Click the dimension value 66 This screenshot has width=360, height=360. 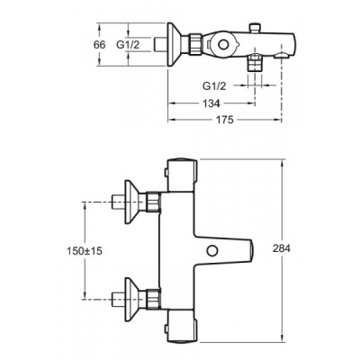click(100, 45)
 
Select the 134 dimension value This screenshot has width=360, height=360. click(211, 103)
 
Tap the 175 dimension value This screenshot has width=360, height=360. click(224, 120)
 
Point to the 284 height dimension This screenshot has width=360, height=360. click(282, 248)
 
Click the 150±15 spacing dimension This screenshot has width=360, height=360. click(85, 251)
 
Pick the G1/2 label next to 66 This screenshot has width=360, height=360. click(128, 45)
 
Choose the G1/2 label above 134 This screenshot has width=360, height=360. click(214, 86)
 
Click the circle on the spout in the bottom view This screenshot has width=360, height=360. click(212, 250)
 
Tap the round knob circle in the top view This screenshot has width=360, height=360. click(222, 45)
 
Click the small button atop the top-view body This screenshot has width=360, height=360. click(255, 27)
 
